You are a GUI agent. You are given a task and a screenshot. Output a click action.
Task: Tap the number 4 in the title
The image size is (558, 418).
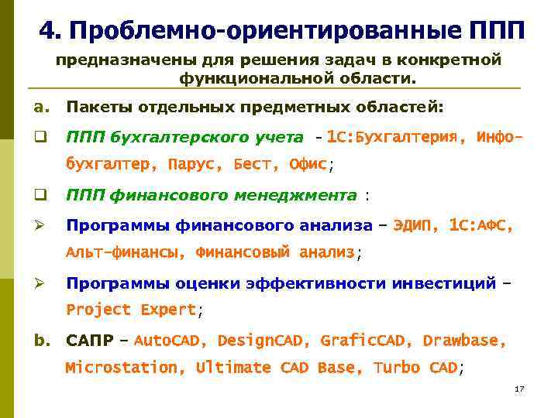coord(48,31)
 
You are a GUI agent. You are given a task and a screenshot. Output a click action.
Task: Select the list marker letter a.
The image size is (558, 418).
coord(39,105)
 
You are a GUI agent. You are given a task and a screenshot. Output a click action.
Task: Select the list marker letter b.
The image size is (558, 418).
coord(39,340)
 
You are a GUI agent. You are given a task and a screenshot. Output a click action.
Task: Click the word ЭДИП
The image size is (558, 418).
coord(416,225)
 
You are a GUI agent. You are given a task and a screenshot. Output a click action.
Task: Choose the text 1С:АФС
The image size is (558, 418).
coord(480,225)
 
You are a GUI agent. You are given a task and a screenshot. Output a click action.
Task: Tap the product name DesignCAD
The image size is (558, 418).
coord(262,341)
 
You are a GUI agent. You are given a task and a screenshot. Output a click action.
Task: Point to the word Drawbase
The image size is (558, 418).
coord(465,341)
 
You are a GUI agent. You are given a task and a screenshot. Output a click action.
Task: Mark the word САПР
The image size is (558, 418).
coord(90,341)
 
